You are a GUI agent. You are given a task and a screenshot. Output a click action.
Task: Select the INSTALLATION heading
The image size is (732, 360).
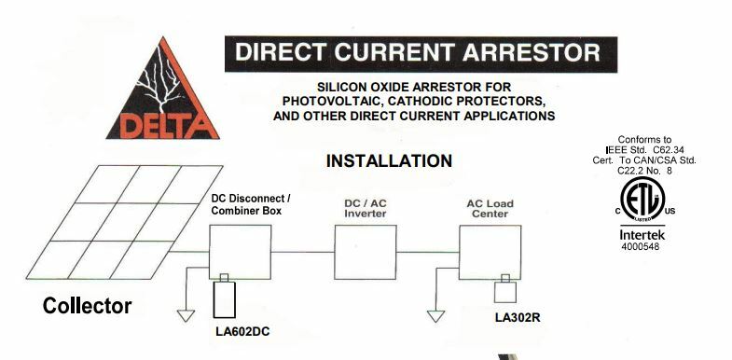389,160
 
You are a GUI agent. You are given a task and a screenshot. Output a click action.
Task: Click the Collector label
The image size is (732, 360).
88,306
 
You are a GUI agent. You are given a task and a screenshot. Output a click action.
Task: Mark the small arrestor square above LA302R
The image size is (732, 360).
504,290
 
